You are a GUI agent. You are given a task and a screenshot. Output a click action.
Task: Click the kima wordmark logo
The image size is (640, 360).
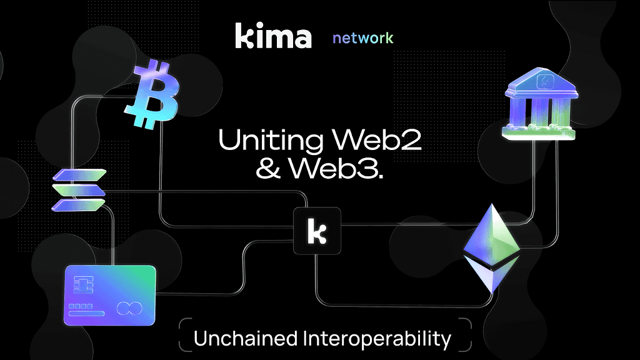273,36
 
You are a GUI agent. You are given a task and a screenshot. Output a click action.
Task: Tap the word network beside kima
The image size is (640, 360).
363,38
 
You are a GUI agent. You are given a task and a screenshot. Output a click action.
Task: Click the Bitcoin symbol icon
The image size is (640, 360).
152,94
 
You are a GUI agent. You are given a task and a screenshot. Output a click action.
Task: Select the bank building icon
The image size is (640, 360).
541,104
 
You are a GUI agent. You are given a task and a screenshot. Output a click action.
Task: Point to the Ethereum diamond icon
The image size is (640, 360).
491,248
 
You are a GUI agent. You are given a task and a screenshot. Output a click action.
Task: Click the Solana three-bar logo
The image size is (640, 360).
79,190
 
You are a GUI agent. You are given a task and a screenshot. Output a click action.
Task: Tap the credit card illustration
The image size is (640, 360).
110,295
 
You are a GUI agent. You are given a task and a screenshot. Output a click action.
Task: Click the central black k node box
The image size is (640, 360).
317,231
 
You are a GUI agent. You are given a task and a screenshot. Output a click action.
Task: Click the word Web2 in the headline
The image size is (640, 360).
376,139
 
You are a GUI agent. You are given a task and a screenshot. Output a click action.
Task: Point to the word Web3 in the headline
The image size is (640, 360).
336,167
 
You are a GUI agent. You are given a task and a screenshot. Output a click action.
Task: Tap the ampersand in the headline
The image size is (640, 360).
269,168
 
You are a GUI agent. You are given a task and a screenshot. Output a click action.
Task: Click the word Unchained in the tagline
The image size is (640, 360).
246,339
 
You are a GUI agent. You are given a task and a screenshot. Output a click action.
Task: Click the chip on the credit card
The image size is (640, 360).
83,284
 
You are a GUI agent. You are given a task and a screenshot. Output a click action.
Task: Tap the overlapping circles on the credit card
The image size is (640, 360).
130,308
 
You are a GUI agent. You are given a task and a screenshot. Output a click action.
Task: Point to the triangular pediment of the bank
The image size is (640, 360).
541,81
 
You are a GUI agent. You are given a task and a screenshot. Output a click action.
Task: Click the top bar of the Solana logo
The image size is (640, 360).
79,175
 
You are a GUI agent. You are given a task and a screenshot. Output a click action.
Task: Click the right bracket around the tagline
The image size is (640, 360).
466,335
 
